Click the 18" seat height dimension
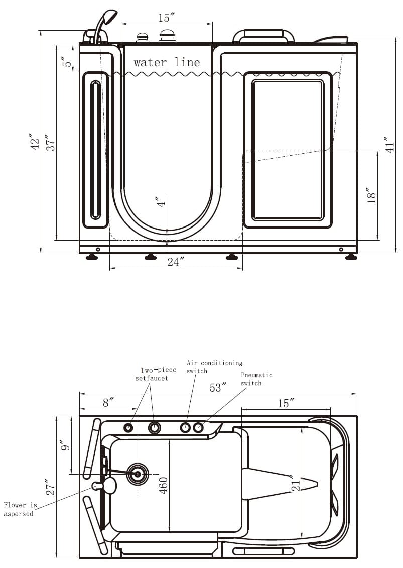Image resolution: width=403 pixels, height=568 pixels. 371,195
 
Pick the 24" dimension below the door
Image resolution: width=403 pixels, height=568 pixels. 176,262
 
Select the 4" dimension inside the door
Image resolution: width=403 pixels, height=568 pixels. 161,202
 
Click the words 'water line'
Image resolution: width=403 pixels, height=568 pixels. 167,63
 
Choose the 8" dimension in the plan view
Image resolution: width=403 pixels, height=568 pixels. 108,402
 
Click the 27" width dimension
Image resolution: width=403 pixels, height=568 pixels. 51,487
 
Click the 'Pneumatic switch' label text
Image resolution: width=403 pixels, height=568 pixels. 256,379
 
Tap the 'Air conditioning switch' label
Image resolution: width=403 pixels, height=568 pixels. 214,367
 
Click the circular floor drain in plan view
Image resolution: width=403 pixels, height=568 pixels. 137,474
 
